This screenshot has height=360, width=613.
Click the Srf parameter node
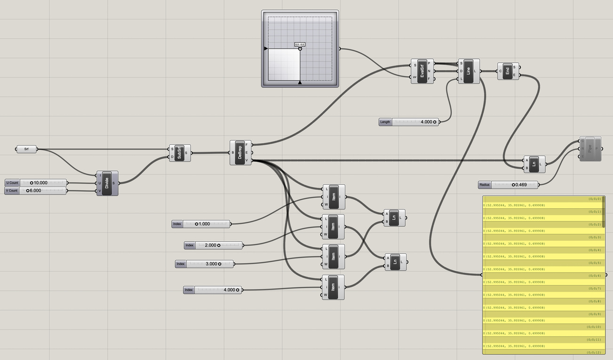[x=26, y=149]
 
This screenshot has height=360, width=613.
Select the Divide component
[x=107, y=183]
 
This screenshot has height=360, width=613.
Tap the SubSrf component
[x=180, y=153]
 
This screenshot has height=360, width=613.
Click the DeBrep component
[x=240, y=152]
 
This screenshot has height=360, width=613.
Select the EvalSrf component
[x=422, y=71]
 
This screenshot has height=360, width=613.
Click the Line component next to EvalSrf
[x=468, y=71]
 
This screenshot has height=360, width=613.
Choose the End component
[x=508, y=71]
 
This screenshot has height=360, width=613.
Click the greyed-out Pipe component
[x=590, y=149]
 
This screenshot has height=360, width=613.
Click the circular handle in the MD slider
[x=300, y=48]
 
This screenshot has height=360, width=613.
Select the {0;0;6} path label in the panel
[x=594, y=275]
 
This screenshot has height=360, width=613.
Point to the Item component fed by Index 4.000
[x=333, y=287]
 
